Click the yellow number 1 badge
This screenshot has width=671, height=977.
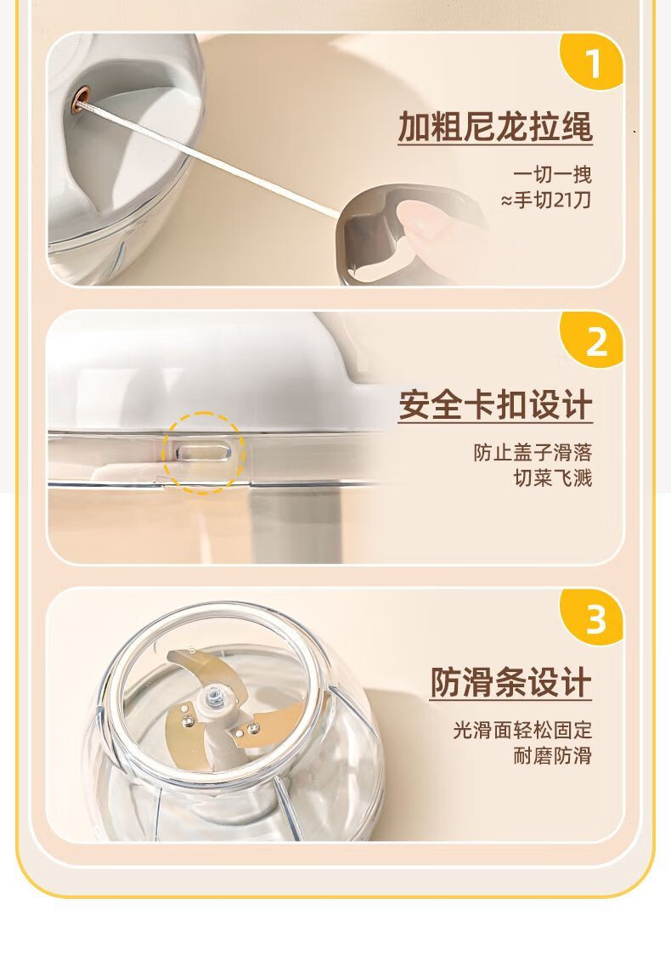pos(592,61)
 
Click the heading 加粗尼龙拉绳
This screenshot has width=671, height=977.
pos(494,127)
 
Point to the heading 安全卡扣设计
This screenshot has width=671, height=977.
pos(494,405)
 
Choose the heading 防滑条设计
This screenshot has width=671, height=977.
pos(510,682)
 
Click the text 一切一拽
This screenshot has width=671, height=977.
pos(552,174)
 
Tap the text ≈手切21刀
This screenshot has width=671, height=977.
pos(546,200)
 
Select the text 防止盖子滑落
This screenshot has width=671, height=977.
pos(532,452)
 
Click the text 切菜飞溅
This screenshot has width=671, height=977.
pos(552,478)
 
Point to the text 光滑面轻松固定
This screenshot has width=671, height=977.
pos(522,730)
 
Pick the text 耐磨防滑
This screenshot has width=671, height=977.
pos(552,756)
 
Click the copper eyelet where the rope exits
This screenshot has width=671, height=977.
pos(81,95)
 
